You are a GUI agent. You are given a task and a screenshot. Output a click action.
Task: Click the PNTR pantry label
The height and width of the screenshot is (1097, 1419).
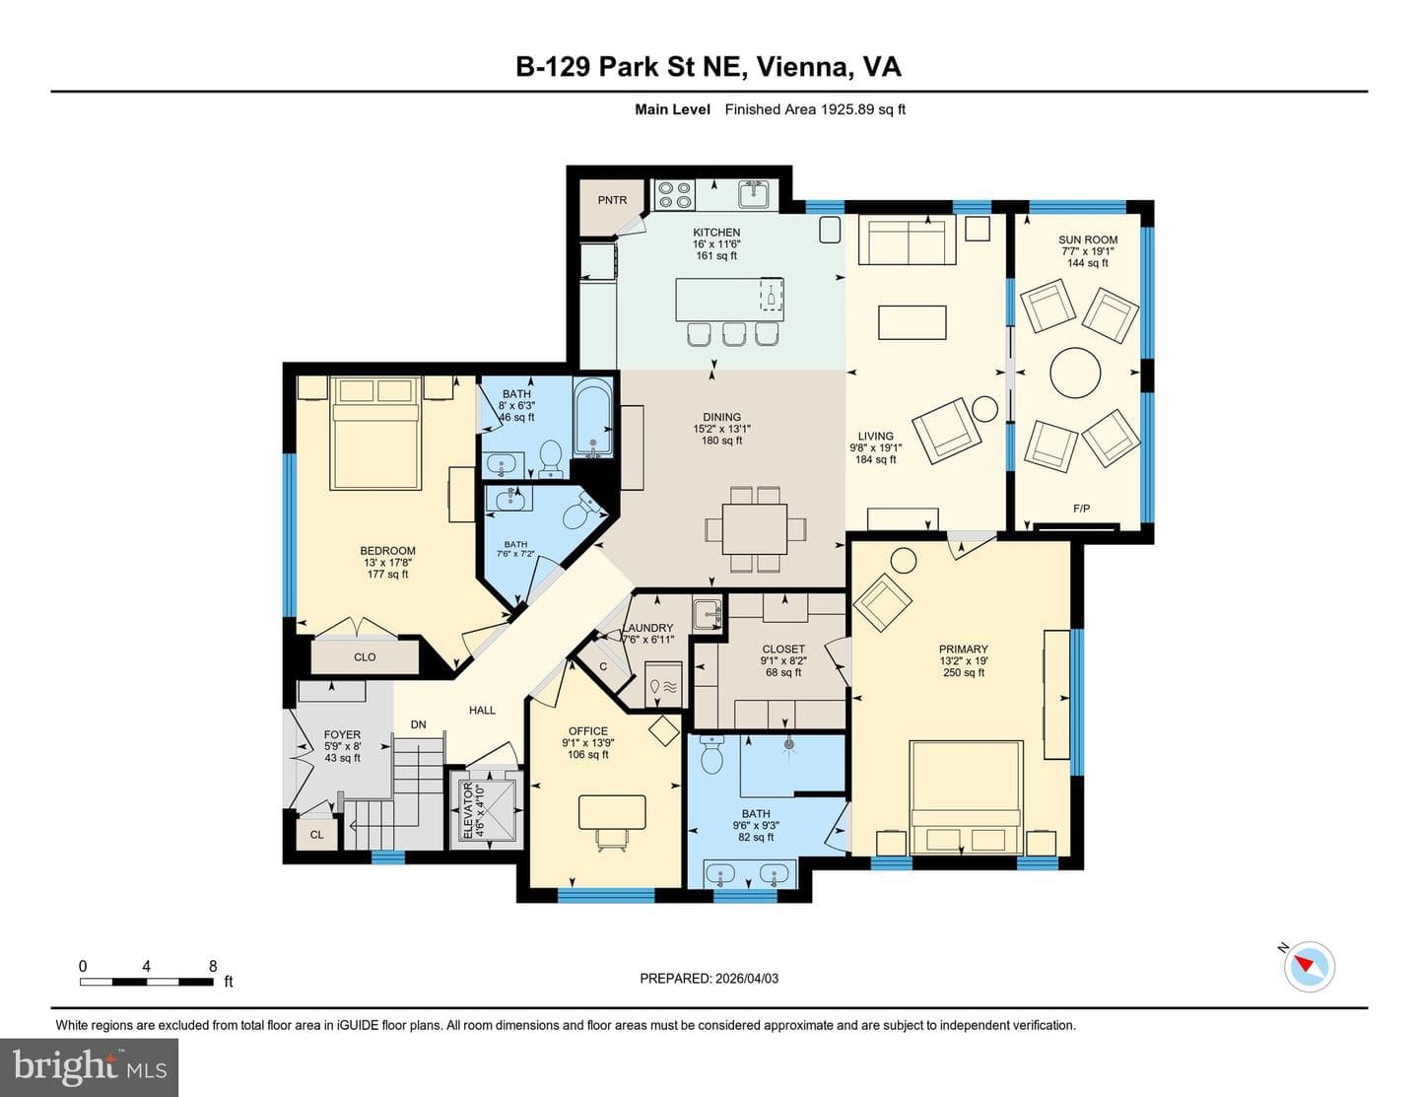pyautogui.click(x=612, y=200)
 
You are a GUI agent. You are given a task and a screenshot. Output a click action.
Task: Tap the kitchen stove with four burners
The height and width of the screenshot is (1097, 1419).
pyautogui.click(x=675, y=194)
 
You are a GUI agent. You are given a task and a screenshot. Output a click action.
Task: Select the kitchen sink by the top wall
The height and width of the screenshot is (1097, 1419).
pyautogui.click(x=754, y=194)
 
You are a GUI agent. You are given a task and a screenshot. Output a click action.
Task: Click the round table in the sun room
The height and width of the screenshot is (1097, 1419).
pyautogui.click(x=1075, y=373)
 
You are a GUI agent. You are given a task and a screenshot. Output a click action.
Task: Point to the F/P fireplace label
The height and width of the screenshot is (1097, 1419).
pyautogui.click(x=1081, y=508)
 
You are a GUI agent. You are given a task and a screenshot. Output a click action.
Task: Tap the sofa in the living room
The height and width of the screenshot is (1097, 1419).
pyautogui.click(x=908, y=241)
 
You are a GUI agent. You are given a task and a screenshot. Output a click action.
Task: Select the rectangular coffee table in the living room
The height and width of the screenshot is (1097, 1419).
pyautogui.click(x=912, y=322)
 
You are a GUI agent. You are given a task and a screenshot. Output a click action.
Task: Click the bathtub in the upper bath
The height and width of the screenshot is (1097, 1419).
pyautogui.click(x=593, y=418)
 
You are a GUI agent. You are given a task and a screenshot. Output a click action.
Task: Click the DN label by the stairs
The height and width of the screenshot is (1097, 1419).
pyautogui.click(x=419, y=724)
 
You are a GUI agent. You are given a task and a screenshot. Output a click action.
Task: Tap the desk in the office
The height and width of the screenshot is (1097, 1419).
pyautogui.click(x=612, y=812)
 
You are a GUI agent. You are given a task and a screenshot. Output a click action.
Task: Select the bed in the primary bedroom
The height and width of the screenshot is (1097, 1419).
pyautogui.click(x=966, y=797)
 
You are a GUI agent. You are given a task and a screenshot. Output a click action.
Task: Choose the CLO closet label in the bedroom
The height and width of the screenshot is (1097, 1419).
pyautogui.click(x=365, y=656)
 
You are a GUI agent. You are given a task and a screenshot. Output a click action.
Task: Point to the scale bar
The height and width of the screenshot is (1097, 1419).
pyautogui.click(x=146, y=982)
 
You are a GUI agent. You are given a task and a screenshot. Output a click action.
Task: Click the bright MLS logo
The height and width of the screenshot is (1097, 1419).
pyautogui.click(x=90, y=1067)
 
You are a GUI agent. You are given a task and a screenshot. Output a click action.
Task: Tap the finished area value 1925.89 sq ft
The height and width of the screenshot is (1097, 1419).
pyautogui.click(x=863, y=109)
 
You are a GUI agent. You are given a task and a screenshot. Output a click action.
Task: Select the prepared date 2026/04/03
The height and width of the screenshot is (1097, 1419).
pyautogui.click(x=745, y=978)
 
